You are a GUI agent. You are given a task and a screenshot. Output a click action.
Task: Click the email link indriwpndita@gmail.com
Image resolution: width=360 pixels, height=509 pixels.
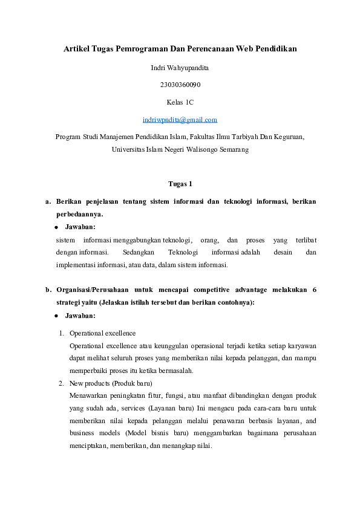coord(180,120)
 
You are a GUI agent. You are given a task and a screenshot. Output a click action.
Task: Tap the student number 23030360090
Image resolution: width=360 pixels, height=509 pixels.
coord(180,85)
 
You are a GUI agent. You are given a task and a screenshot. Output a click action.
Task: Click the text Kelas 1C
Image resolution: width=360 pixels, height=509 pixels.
coord(180,102)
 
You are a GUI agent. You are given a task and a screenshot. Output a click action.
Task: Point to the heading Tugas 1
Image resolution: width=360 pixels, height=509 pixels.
coord(180,184)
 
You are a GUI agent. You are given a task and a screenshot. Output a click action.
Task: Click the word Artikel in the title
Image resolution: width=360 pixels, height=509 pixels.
coord(76,48)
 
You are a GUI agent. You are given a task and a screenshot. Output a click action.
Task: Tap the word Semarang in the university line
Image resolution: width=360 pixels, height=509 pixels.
coord(232,149)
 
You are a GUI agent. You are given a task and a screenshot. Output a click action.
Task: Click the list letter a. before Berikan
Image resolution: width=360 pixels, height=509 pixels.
coord(48,201)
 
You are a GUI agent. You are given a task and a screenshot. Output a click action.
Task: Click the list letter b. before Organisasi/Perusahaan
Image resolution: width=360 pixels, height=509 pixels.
coord(48,290)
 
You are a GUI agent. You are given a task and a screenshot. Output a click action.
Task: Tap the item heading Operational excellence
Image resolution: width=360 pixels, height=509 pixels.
coord(102,333)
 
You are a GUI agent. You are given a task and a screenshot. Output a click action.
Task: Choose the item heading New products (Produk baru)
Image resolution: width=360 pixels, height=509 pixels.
coord(110,383)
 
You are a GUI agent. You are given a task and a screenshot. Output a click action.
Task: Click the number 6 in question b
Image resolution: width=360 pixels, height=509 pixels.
coord(314,290)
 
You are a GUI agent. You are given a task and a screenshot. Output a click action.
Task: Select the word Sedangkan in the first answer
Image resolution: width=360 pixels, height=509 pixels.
coord(139,251)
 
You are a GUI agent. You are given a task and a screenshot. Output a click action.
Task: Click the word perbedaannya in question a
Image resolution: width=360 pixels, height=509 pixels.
coord(79,214)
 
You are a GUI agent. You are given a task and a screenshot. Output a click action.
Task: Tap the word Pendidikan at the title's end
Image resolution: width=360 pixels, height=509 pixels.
coord(276,48)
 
